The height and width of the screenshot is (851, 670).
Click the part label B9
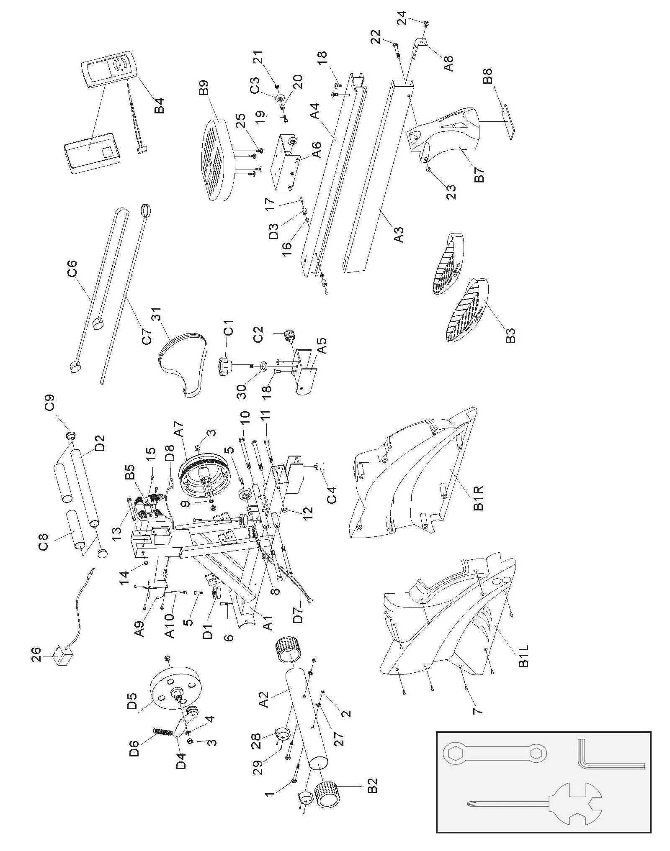(204, 90)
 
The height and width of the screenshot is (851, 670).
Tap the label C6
(72, 269)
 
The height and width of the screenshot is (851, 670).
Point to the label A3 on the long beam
(399, 235)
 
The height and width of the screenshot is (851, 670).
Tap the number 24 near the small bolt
(402, 18)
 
